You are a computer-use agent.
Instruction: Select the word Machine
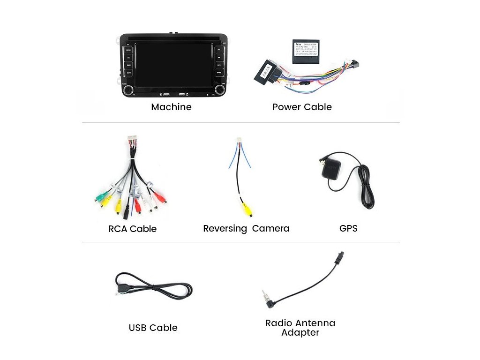click(x=171, y=107)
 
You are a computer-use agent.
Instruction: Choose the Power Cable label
click(x=302, y=107)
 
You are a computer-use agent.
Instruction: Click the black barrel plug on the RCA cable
click(x=126, y=214)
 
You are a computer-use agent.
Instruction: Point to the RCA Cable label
click(x=132, y=229)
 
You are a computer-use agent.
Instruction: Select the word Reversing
click(x=225, y=229)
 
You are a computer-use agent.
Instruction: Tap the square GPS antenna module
click(x=330, y=174)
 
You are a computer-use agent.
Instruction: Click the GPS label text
click(x=348, y=228)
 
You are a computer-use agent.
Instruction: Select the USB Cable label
click(x=153, y=328)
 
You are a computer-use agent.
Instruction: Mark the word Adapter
click(x=300, y=333)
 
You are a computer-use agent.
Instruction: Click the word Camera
click(x=270, y=229)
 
